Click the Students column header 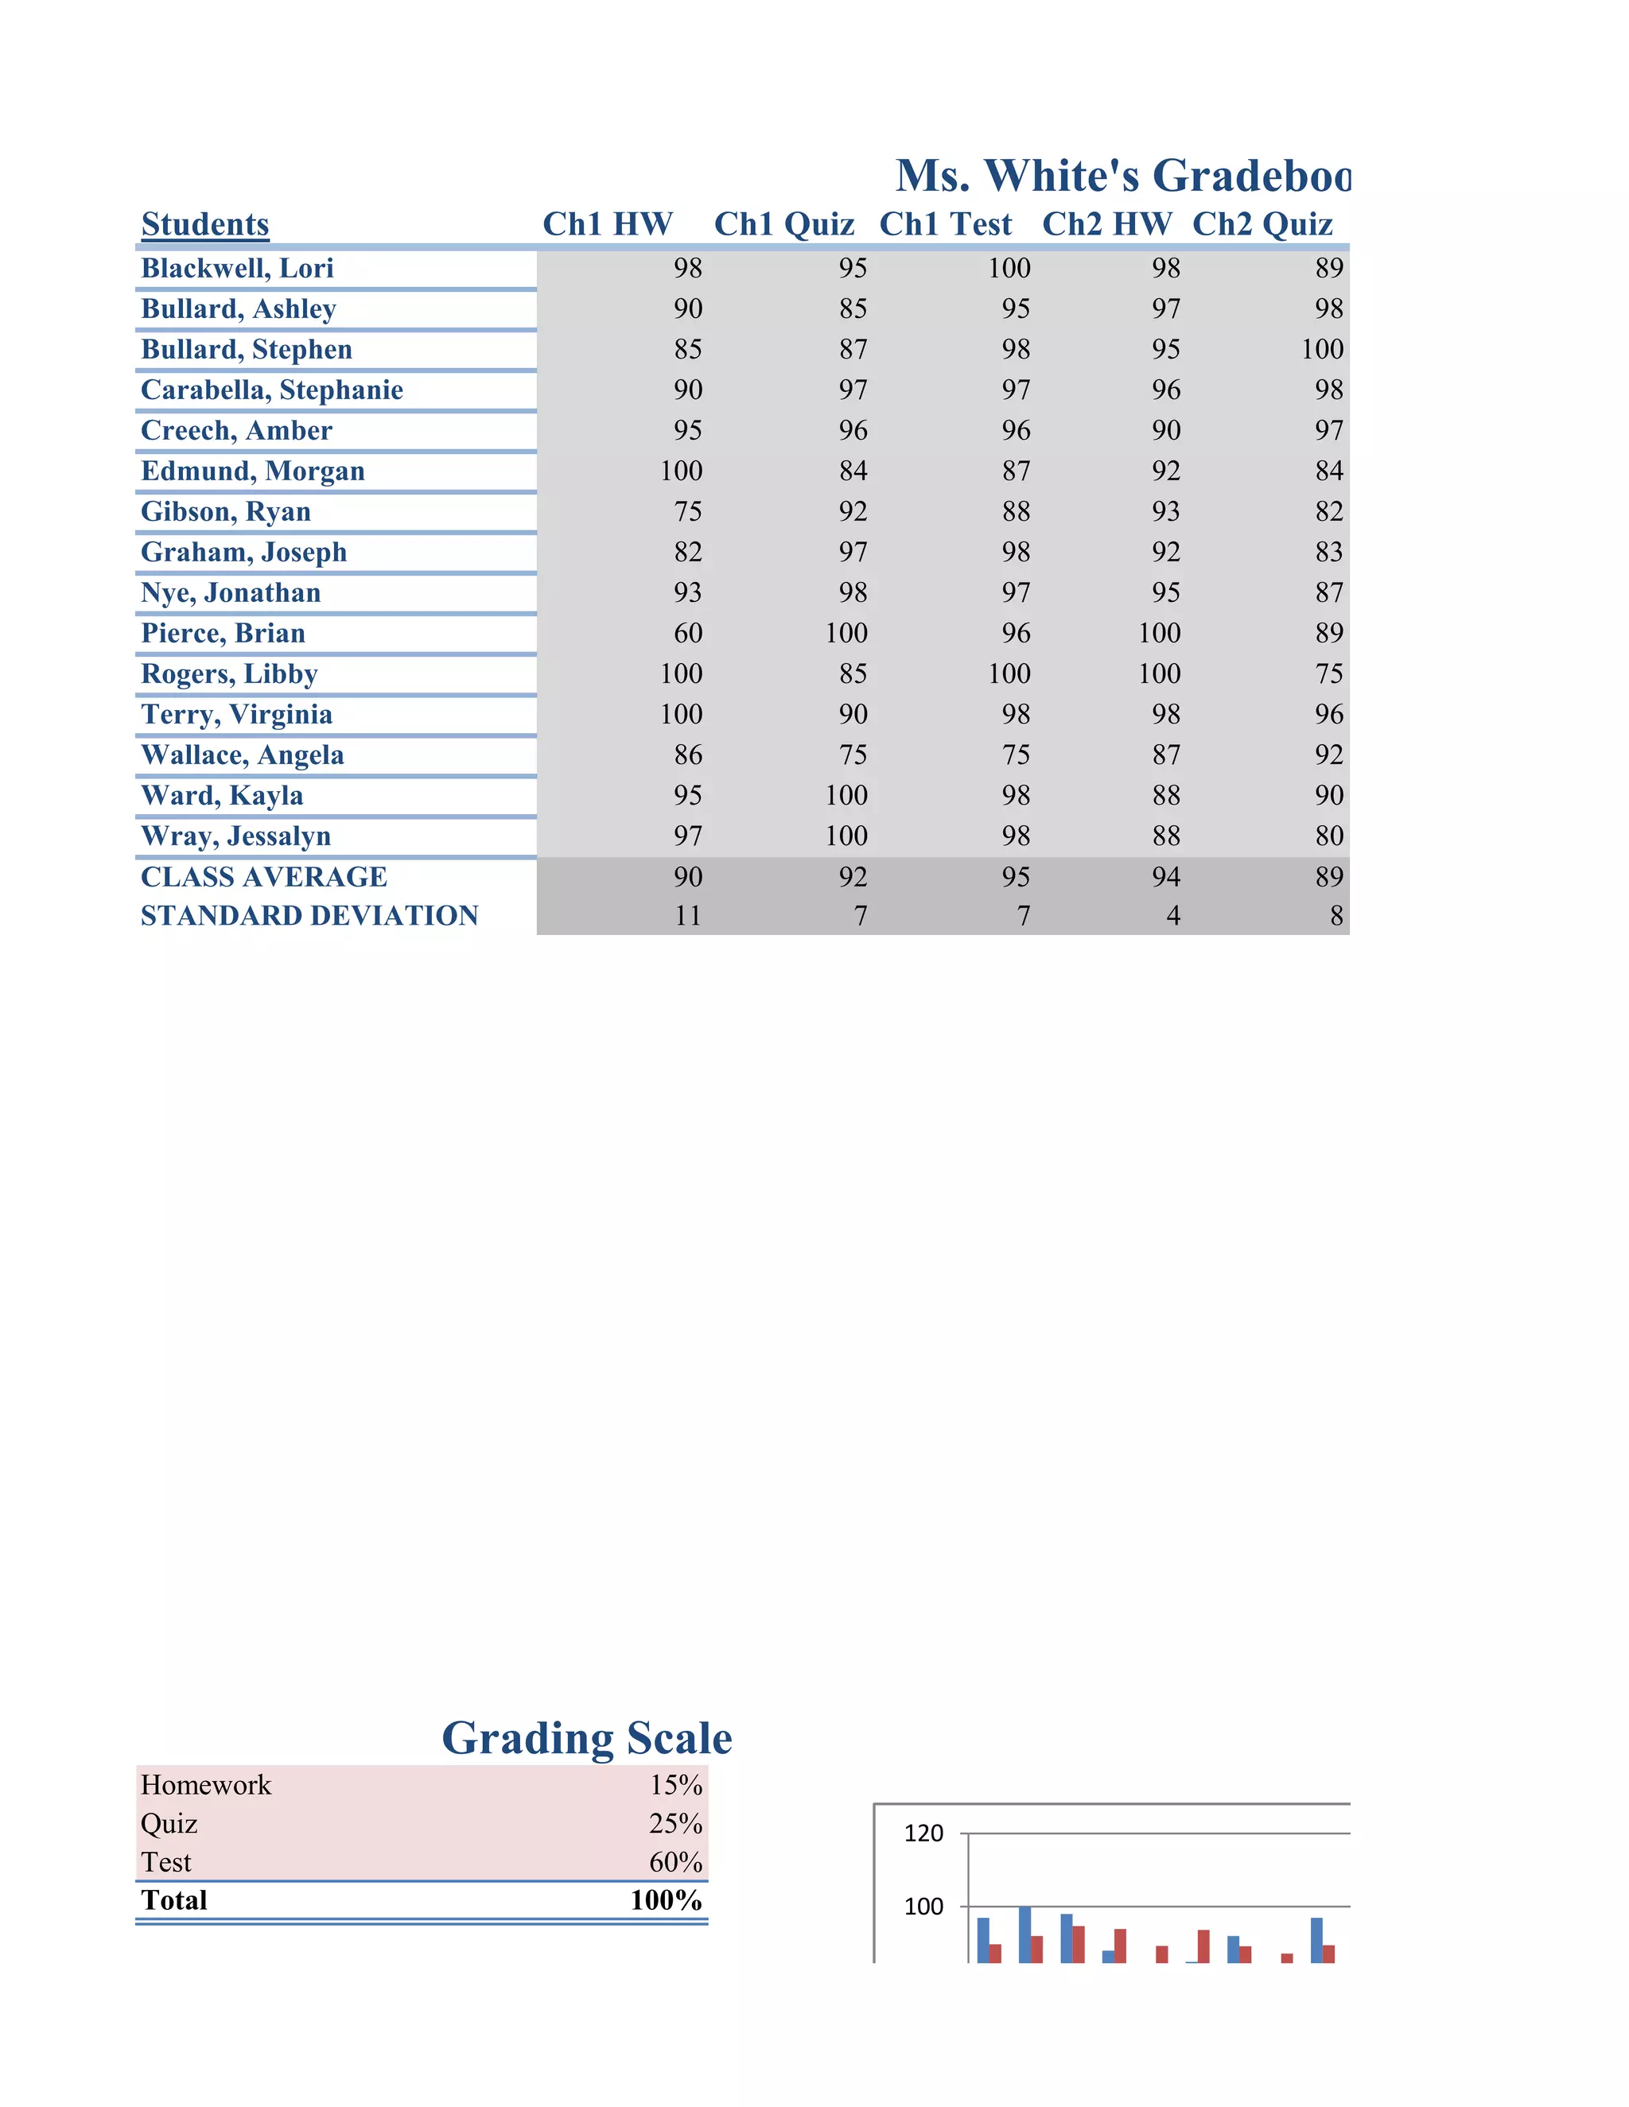pyautogui.click(x=204, y=224)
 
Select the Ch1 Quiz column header pyautogui.click(x=783, y=224)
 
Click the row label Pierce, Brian pyautogui.click(x=223, y=633)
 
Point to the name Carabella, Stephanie pyautogui.click(x=271, y=390)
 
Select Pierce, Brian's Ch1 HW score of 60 pyautogui.click(x=687, y=633)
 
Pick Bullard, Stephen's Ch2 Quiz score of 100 pyautogui.click(x=1321, y=349)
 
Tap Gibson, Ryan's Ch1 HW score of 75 pyautogui.click(x=687, y=511)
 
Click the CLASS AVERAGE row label pyautogui.click(x=263, y=877)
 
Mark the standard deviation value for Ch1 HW pyautogui.click(x=687, y=915)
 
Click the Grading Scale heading pyautogui.click(x=587, y=1737)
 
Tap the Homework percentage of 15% pyautogui.click(x=675, y=1785)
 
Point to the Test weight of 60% pyautogui.click(x=675, y=1862)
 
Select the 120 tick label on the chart pyautogui.click(x=923, y=1833)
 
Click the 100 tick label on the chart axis pyautogui.click(x=923, y=1907)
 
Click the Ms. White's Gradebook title pyautogui.click(x=1122, y=176)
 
